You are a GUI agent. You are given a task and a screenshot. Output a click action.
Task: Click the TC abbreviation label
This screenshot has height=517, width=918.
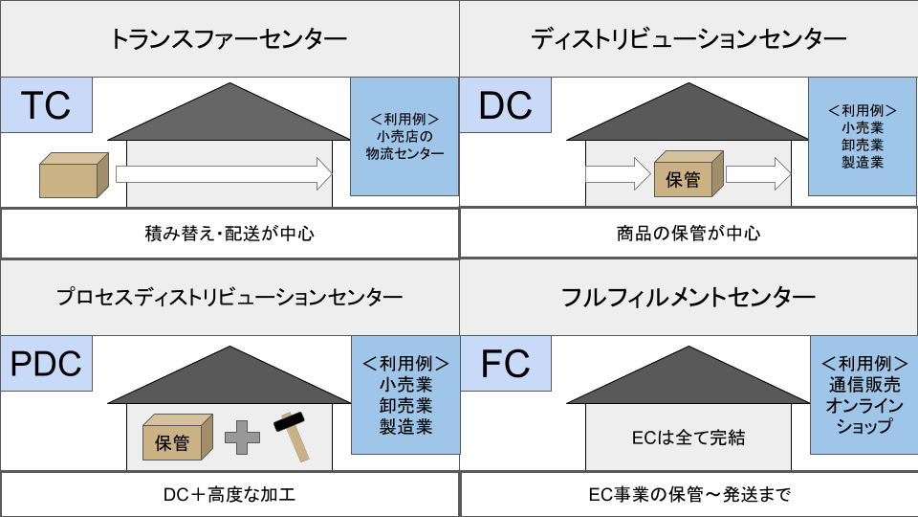[45, 104]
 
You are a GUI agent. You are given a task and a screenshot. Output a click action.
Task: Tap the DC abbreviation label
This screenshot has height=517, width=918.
[505, 105]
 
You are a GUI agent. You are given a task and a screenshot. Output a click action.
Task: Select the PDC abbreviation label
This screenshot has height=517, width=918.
[46, 364]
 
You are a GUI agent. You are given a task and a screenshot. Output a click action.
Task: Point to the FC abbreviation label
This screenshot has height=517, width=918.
[505, 364]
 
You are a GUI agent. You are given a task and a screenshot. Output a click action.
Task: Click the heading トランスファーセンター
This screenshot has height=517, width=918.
[229, 39]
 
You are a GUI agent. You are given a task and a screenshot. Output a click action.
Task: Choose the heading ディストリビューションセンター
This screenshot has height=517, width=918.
[688, 39]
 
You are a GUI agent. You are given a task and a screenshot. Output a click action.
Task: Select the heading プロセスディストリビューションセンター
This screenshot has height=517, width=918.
[229, 297]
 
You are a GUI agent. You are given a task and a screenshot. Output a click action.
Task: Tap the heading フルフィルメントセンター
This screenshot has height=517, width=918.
[688, 297]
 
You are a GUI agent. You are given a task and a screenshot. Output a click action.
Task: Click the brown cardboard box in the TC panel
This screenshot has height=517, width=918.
[70, 175]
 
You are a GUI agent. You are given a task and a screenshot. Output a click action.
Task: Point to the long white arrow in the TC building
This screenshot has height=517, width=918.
[224, 174]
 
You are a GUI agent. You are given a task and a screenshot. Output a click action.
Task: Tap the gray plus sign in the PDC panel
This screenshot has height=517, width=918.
[243, 437]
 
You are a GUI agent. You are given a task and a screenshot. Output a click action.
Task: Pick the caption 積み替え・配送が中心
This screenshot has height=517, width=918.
[229, 234]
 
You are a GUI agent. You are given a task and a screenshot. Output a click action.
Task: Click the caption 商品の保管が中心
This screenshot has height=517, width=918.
[688, 234]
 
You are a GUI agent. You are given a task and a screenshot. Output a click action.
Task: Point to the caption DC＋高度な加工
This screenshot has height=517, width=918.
[229, 494]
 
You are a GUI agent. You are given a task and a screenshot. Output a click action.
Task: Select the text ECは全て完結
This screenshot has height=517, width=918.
[688, 438]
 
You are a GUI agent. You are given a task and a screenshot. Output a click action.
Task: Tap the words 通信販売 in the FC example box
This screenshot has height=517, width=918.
[864, 386]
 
